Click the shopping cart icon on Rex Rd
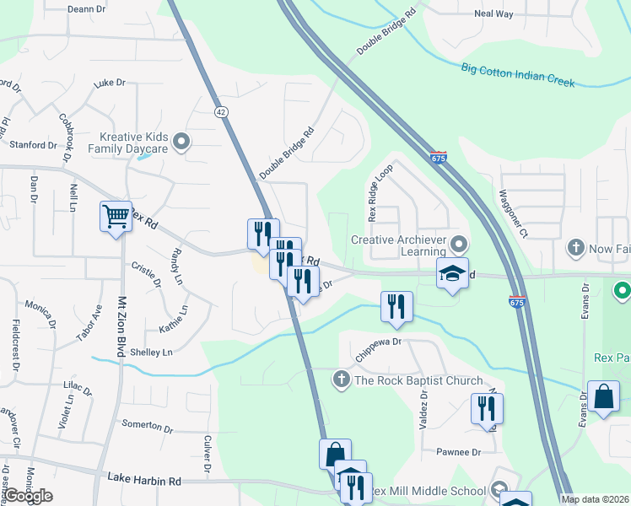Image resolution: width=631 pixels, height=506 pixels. click(x=116, y=216)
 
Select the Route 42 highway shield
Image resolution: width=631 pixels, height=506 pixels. click(x=221, y=111)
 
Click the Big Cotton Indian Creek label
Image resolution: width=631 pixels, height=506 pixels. click(x=518, y=75)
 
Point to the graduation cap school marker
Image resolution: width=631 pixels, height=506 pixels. click(x=452, y=273)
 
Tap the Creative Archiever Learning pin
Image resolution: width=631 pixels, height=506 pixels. click(x=459, y=245)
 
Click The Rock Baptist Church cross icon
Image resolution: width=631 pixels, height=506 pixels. click(x=342, y=380)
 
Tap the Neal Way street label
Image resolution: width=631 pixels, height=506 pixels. click(x=493, y=14)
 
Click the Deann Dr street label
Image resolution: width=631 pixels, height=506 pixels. click(x=86, y=9)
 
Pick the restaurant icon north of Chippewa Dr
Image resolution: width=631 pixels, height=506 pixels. click(x=396, y=307)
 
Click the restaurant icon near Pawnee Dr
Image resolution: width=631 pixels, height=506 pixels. click(x=487, y=409)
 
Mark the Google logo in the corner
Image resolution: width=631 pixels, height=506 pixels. click(x=28, y=496)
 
